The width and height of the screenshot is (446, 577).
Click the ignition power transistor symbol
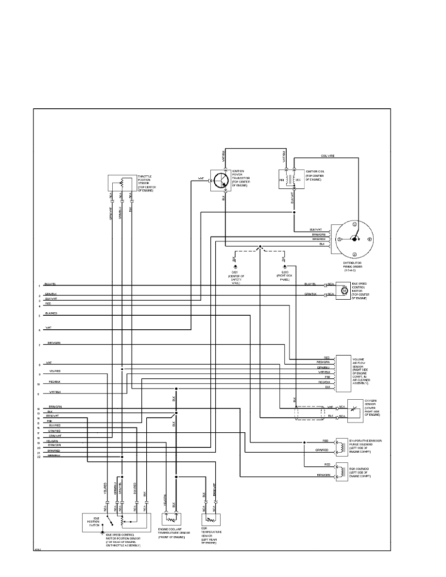click(x=221, y=181)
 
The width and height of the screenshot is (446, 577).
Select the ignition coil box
click(x=292, y=179)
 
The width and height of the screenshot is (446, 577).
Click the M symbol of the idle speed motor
click(x=344, y=290)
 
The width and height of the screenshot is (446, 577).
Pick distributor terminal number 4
click(x=370, y=239)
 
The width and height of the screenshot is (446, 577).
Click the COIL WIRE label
click(x=327, y=155)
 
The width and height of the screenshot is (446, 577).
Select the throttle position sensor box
click(x=121, y=182)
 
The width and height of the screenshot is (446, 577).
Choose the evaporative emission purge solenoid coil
click(x=343, y=445)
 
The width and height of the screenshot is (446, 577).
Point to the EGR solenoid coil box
click(x=343, y=471)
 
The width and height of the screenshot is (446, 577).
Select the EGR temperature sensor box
click(x=210, y=521)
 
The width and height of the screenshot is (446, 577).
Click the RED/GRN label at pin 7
click(x=54, y=343)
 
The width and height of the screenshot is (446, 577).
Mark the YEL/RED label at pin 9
click(x=54, y=371)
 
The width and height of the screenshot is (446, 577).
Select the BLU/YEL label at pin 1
click(x=50, y=284)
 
